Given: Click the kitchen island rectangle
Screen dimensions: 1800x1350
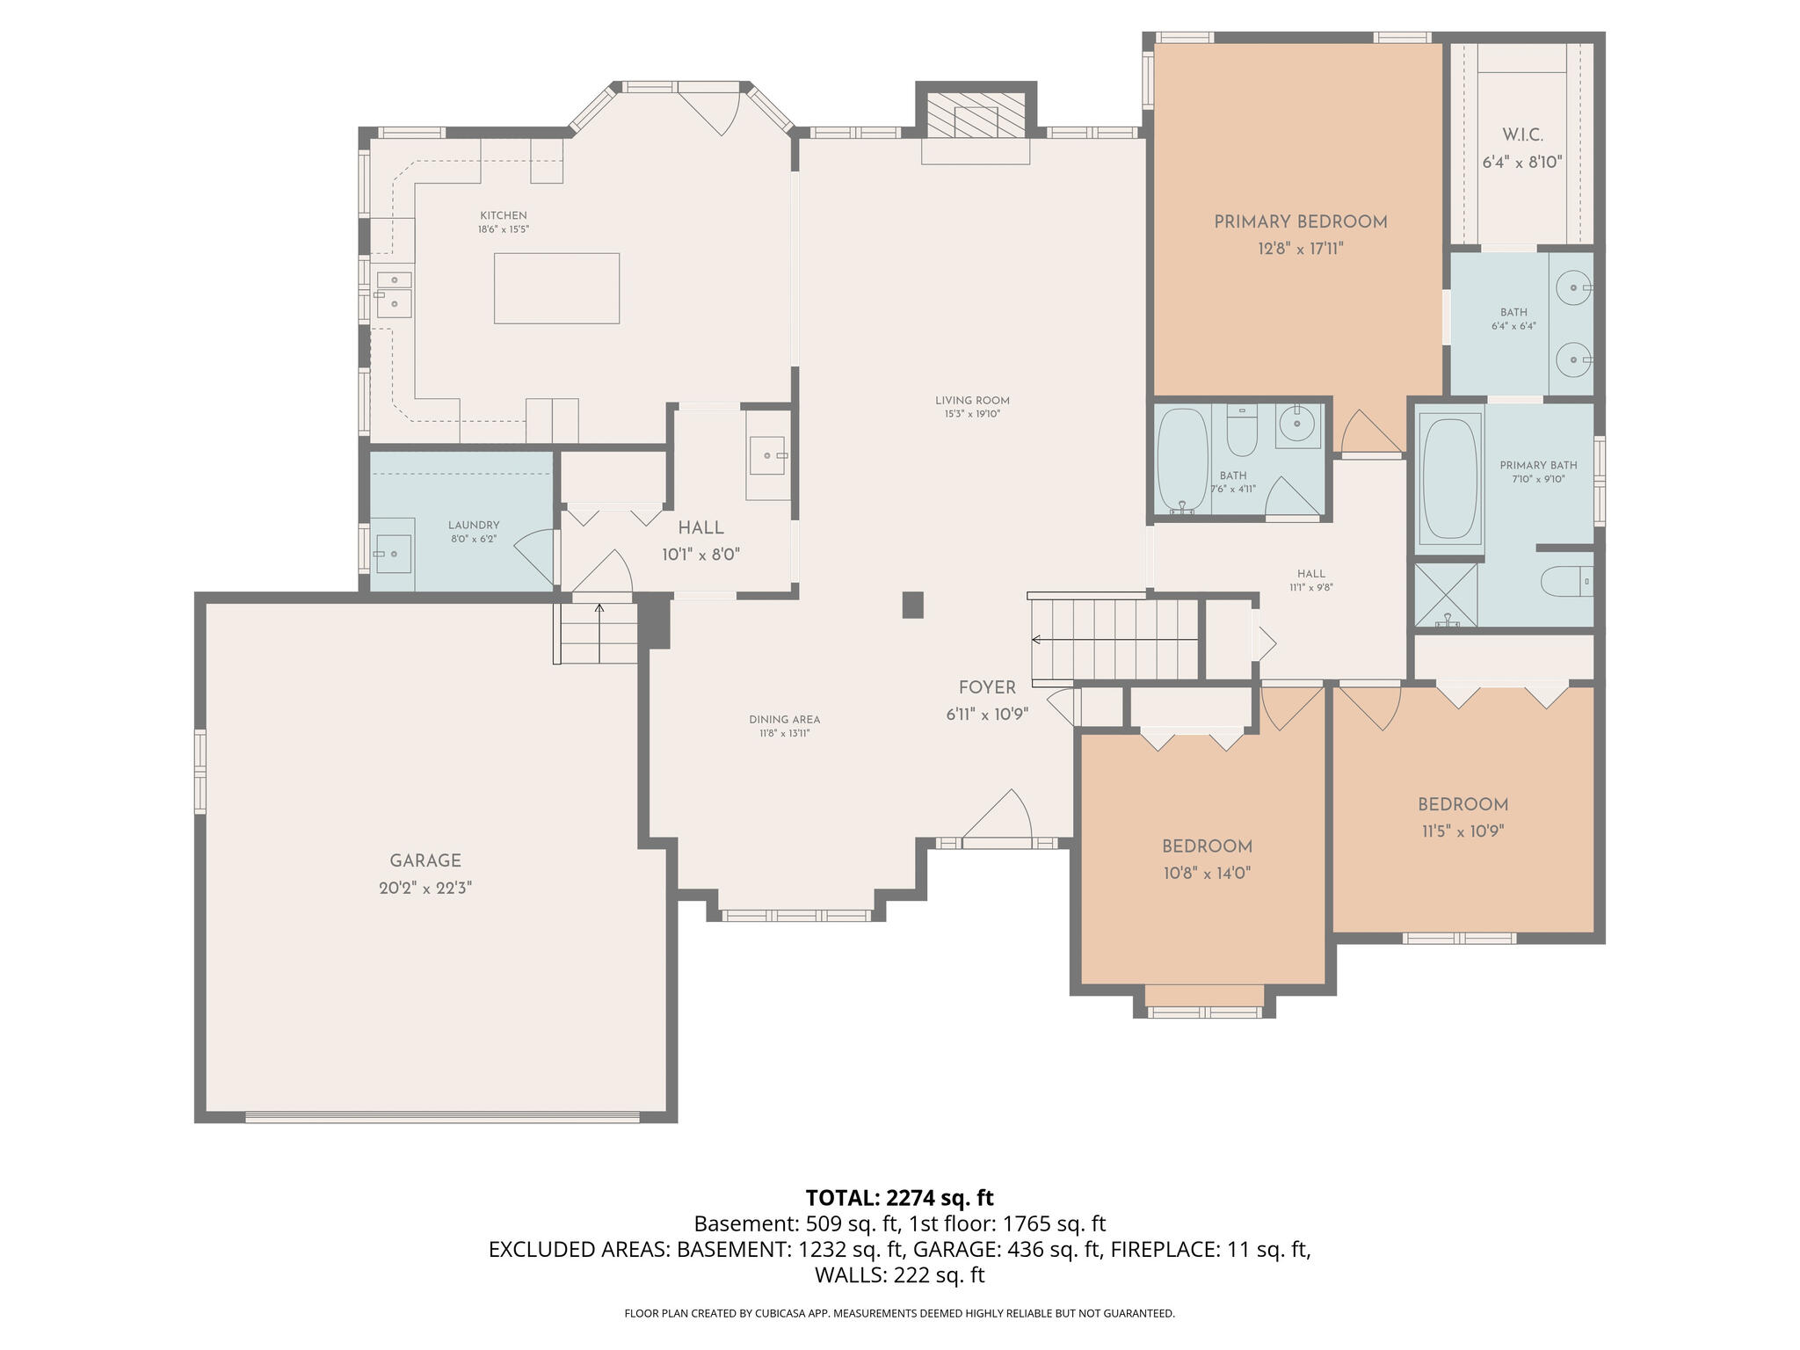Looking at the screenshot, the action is click(x=556, y=288).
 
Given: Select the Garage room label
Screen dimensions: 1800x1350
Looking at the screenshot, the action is click(x=425, y=861).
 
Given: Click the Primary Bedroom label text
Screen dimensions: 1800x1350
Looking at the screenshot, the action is click(x=1301, y=222).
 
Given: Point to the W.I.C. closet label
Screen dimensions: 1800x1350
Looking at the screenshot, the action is click(x=1522, y=135).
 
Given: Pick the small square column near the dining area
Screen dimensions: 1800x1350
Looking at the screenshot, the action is click(x=913, y=605).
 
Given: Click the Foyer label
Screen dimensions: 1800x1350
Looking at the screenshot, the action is click(x=987, y=688).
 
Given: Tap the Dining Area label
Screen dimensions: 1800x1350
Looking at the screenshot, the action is click(x=785, y=720).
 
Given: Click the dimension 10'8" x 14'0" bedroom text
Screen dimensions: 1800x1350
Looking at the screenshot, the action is click(x=1207, y=874).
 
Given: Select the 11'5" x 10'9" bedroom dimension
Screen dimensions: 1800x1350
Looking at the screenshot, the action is click(x=1463, y=831).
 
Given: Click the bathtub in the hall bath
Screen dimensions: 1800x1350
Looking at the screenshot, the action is click(x=1182, y=460).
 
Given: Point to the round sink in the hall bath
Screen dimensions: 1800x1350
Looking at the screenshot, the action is click(x=1297, y=426).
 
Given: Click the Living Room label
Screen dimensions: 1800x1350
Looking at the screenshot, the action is click(x=973, y=401).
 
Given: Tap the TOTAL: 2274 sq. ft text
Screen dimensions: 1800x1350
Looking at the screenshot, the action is click(x=899, y=1198).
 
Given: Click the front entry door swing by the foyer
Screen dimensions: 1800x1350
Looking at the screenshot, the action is click(x=998, y=815).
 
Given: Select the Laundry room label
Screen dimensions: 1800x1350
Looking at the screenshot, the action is click(x=474, y=526).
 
